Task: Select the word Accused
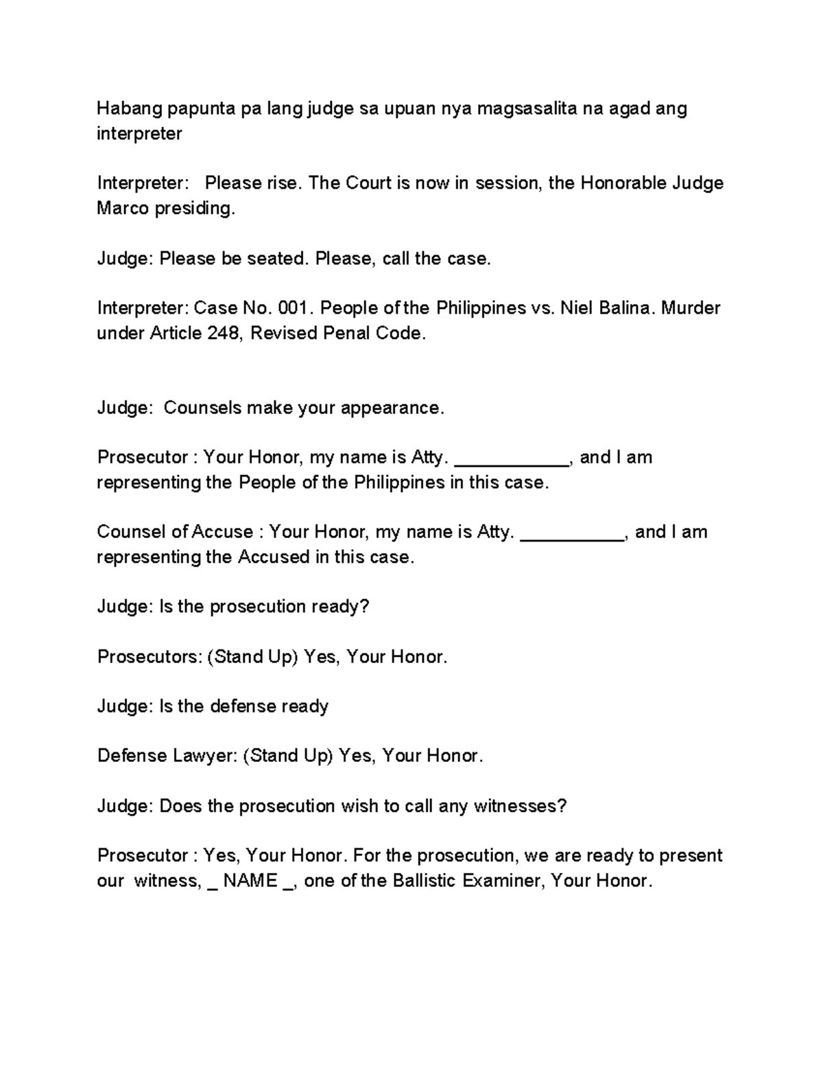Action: click(x=274, y=557)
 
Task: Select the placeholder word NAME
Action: click(x=250, y=881)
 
